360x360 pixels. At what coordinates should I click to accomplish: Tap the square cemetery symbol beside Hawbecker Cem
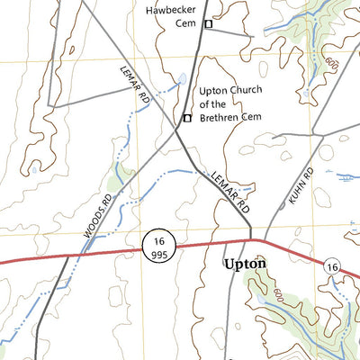point(208,24)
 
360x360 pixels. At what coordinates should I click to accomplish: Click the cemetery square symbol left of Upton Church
point(187,118)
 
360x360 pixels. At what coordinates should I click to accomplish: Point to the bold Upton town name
point(242,265)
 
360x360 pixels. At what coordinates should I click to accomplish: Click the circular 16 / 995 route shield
point(159,246)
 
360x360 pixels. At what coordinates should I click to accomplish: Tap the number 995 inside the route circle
point(159,253)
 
